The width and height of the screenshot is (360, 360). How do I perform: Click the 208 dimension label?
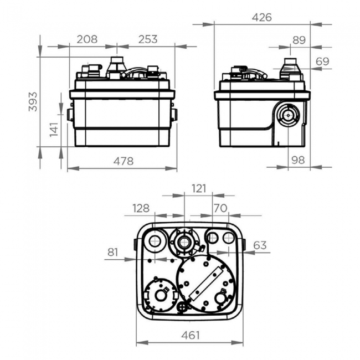coord(87,39)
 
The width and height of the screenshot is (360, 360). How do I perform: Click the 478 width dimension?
coord(123,162)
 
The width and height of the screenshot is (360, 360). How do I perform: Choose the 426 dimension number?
coord(261,17)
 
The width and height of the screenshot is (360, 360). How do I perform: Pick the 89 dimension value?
coord(299,39)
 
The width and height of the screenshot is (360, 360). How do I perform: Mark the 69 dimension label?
coord(323,61)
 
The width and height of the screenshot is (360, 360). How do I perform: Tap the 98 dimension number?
coord(299,160)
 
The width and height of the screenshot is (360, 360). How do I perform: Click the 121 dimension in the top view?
coord(198,188)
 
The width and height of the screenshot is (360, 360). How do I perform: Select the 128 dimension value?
coord(141,208)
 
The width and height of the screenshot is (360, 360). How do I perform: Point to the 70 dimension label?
coord(220,208)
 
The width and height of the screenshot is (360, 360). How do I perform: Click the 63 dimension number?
coord(260,245)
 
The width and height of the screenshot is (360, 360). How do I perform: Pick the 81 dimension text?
coord(113,252)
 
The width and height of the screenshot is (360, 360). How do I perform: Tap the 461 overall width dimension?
coord(190,335)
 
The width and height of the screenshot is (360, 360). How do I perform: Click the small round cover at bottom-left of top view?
coord(161,295)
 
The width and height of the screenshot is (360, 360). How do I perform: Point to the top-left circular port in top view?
coord(155,240)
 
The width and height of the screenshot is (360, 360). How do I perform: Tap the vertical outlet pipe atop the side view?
coord(290,68)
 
